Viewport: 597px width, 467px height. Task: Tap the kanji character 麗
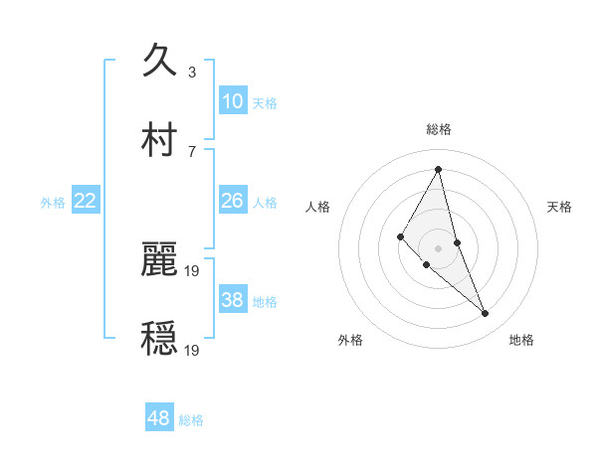160,258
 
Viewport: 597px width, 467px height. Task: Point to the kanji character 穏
160,338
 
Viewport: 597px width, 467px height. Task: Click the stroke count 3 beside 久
192,73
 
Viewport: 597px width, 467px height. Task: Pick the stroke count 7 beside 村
192,151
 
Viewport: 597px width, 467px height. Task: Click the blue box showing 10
232,101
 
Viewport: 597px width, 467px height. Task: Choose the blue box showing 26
232,201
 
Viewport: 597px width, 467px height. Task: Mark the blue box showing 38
232,300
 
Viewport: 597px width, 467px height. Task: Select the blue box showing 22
86,201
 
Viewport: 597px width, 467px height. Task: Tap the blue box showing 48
159,418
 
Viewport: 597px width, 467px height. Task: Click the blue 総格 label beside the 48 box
191,420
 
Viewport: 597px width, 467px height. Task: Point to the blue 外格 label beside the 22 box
53,203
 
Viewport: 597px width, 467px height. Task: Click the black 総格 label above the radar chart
438,129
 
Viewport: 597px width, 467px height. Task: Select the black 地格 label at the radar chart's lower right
521,340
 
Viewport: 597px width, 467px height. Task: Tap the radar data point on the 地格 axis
486,314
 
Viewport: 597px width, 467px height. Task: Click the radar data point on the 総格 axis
438,168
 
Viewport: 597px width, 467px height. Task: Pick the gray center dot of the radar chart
438,247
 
